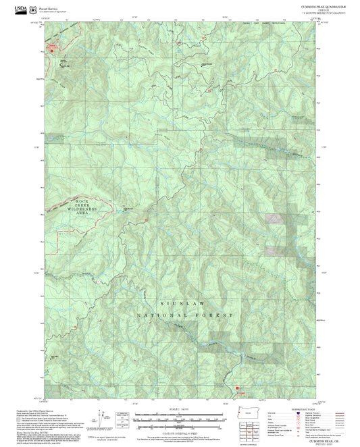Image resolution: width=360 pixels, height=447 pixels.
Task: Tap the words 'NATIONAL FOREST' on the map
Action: (185, 315)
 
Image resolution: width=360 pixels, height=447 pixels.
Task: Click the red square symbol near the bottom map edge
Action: (237, 388)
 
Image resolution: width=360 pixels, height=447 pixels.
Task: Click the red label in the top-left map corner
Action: (53, 46)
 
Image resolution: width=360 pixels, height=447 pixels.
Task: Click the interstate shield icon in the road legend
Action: (297, 413)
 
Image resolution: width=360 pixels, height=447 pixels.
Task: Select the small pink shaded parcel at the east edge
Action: (274, 218)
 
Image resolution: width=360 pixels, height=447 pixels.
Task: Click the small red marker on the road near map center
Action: (200, 149)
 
